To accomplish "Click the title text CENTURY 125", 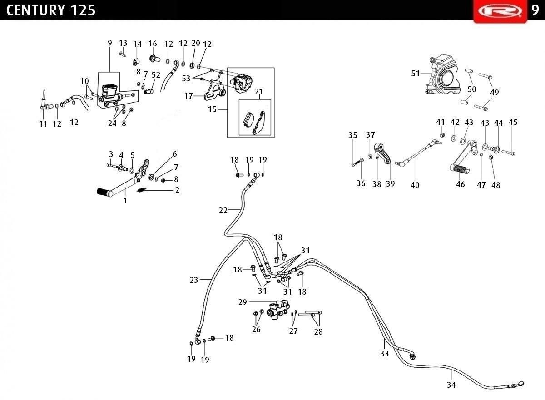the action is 50,10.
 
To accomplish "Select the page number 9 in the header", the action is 535,10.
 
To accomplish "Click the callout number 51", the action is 415,73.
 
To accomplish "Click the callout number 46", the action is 461,184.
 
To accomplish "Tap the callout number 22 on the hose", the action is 223,210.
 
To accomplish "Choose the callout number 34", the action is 451,385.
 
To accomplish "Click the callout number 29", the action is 243,302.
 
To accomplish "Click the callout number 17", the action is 188,96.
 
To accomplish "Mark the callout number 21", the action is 259,92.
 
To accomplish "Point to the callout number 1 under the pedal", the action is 125,201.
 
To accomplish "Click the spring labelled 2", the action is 141,190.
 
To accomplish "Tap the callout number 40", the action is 415,185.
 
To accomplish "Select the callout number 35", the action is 353,135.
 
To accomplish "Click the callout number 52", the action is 156,75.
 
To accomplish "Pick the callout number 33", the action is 384,353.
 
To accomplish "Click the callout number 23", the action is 194,280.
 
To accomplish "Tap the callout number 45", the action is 513,122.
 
